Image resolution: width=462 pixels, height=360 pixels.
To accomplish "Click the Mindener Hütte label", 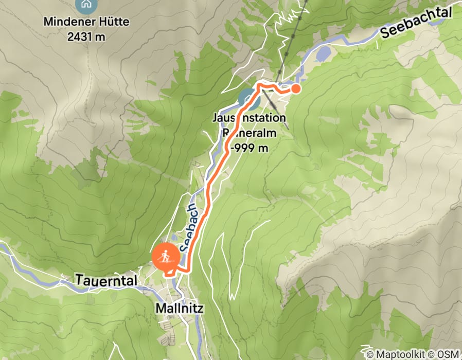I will [x=86, y=22].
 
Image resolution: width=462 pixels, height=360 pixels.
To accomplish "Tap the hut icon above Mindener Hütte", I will [x=84, y=4].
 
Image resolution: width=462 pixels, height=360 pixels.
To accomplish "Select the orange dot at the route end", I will [x=296, y=89].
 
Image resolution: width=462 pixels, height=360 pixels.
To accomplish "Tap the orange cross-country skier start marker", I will [x=166, y=256].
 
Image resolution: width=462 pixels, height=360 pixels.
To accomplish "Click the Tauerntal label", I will [x=106, y=280].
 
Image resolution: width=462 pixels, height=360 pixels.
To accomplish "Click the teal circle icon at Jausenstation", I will [x=248, y=99].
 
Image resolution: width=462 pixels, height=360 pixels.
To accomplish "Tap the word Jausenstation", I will [x=249, y=118].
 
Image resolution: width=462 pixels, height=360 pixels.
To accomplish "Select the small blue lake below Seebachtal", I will [x=323, y=53].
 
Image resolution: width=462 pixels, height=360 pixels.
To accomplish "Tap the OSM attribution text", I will [x=449, y=354].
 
